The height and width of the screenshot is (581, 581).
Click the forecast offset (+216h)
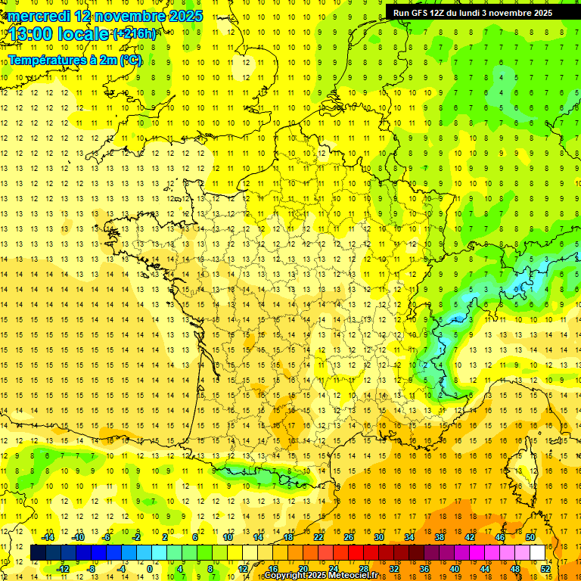coord(135,34)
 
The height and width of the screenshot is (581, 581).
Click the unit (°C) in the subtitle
coord(130,60)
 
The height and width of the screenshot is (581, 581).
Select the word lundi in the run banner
coord(479,13)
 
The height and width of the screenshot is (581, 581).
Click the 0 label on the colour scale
coord(150,569)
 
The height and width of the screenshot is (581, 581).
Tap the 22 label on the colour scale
coord(318,537)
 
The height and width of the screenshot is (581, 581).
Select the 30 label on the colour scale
coord(379,537)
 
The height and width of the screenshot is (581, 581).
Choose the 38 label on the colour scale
coord(440,537)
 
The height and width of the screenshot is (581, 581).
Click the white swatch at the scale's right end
coord(538,552)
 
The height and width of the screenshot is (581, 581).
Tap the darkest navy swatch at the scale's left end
coord(39,552)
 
